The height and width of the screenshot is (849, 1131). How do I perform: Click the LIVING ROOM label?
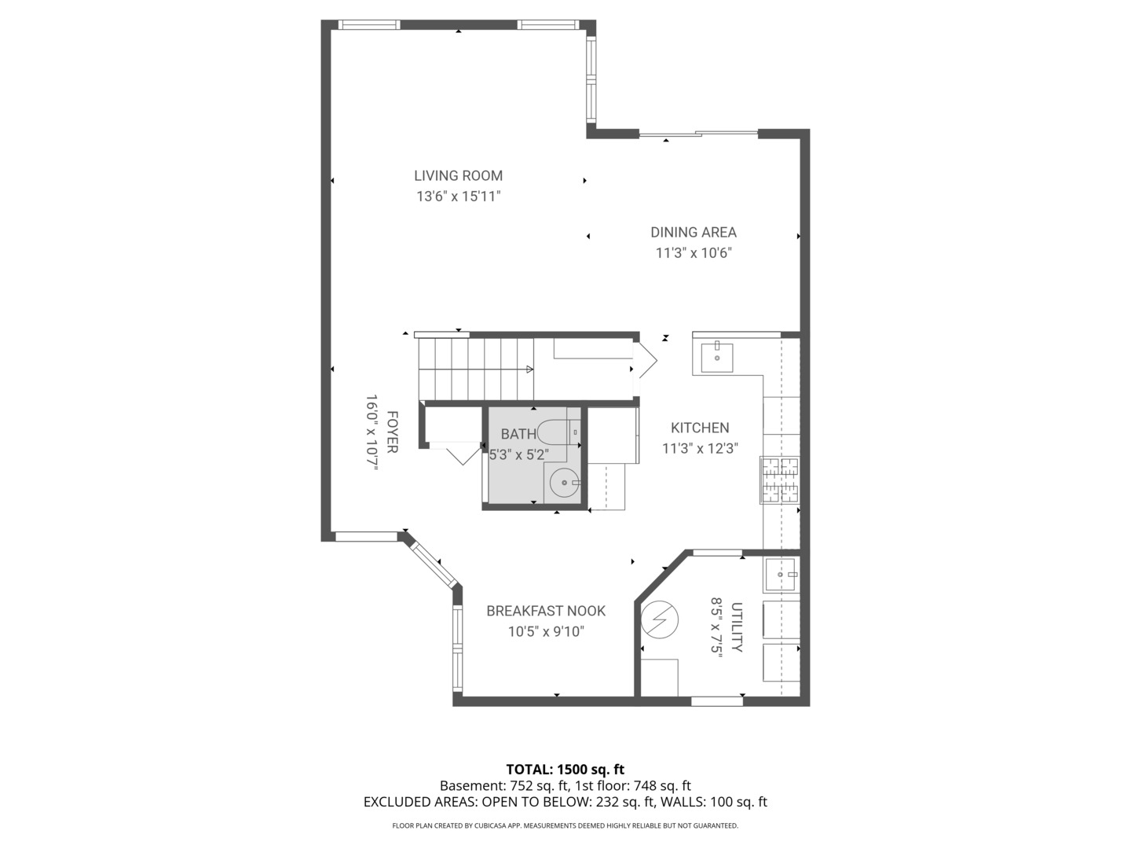click(458, 176)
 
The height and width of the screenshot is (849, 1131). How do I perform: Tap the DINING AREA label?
click(693, 233)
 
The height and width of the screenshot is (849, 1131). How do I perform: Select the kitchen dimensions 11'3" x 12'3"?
click(700, 449)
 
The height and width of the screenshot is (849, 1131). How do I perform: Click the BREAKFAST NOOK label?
click(546, 611)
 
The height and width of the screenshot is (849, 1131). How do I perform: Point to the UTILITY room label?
click(737, 627)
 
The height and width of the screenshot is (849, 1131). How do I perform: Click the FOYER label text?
click(391, 432)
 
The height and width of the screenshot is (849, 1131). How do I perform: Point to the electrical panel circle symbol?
click(659, 619)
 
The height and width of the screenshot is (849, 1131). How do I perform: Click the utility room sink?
click(781, 574)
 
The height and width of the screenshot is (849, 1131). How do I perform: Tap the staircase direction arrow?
click(529, 369)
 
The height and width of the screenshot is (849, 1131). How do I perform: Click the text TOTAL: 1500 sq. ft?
click(565, 770)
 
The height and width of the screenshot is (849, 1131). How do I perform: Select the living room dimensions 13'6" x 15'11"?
click(458, 197)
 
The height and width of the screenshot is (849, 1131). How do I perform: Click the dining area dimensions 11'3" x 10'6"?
click(694, 253)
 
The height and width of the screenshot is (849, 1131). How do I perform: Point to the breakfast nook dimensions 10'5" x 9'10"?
click(546, 631)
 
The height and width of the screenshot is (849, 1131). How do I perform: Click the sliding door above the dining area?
click(698, 134)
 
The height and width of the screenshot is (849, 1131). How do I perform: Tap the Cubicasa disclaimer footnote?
click(565, 825)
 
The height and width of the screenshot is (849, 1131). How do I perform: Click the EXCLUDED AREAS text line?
click(565, 803)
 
